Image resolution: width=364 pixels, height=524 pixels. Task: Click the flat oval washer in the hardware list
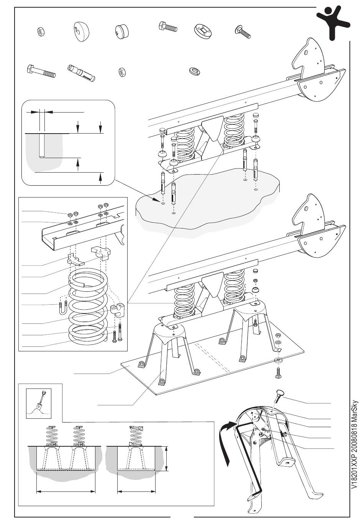pos(195,71)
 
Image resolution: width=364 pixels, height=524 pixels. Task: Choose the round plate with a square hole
pos(203,30)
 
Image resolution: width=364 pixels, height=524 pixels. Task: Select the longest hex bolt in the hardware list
pos(41,71)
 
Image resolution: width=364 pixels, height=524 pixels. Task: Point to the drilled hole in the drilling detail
pos(43,145)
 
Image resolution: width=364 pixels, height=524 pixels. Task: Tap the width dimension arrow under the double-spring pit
pos(66,491)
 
